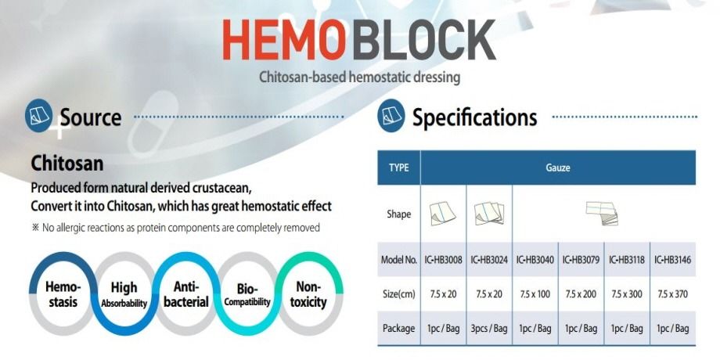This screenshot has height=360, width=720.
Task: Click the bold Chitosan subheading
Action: (67, 164)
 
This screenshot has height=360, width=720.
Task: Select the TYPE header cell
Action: (399, 167)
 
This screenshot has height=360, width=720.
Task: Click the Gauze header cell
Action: (557, 167)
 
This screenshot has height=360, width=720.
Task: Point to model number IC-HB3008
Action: (443, 259)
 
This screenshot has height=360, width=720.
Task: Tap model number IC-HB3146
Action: (672, 259)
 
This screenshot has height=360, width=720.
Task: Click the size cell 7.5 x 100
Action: (535, 293)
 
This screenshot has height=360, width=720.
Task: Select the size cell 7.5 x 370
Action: (672, 293)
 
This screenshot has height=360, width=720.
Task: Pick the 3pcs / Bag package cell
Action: (489, 328)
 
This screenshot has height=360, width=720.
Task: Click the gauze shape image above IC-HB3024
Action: (489, 213)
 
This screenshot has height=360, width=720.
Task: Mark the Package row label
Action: (399, 328)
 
